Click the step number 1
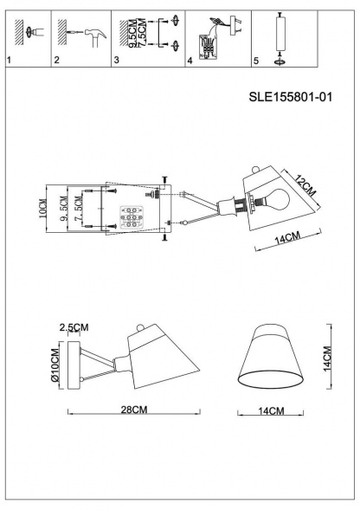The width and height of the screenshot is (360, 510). pyautogui.click(x=9, y=61)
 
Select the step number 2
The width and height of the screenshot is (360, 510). pyautogui.click(x=57, y=61)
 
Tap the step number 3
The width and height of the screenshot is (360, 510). pyautogui.click(x=117, y=61)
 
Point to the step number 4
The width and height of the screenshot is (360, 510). pyautogui.click(x=190, y=61)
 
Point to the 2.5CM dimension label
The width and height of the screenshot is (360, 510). pyautogui.click(x=74, y=326)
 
